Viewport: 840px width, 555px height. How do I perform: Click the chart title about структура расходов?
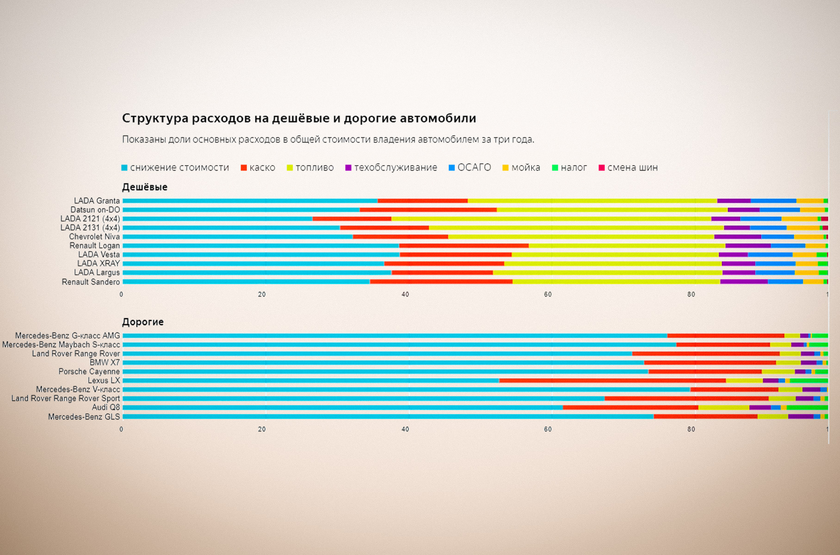299,118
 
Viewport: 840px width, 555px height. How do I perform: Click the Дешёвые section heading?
145,187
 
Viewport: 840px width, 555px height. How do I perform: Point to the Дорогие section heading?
143,322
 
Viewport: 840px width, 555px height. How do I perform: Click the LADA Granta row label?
97,201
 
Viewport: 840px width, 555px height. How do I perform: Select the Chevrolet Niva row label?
94,237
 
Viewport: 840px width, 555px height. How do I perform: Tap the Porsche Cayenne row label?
89,371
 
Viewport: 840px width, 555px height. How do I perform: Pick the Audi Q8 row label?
106,407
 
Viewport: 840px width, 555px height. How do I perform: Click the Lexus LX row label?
104,381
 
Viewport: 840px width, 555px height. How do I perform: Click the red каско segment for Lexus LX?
612,381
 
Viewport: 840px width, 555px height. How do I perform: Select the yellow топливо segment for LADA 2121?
550,219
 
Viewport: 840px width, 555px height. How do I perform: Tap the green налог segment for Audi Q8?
807,407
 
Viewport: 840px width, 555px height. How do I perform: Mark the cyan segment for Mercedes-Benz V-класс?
406,389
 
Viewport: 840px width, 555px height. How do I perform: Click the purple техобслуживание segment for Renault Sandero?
744,282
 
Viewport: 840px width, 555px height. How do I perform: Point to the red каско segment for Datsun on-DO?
428,210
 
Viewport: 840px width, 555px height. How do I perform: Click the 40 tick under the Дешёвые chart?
405,295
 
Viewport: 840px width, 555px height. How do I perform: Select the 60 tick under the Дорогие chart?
548,429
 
